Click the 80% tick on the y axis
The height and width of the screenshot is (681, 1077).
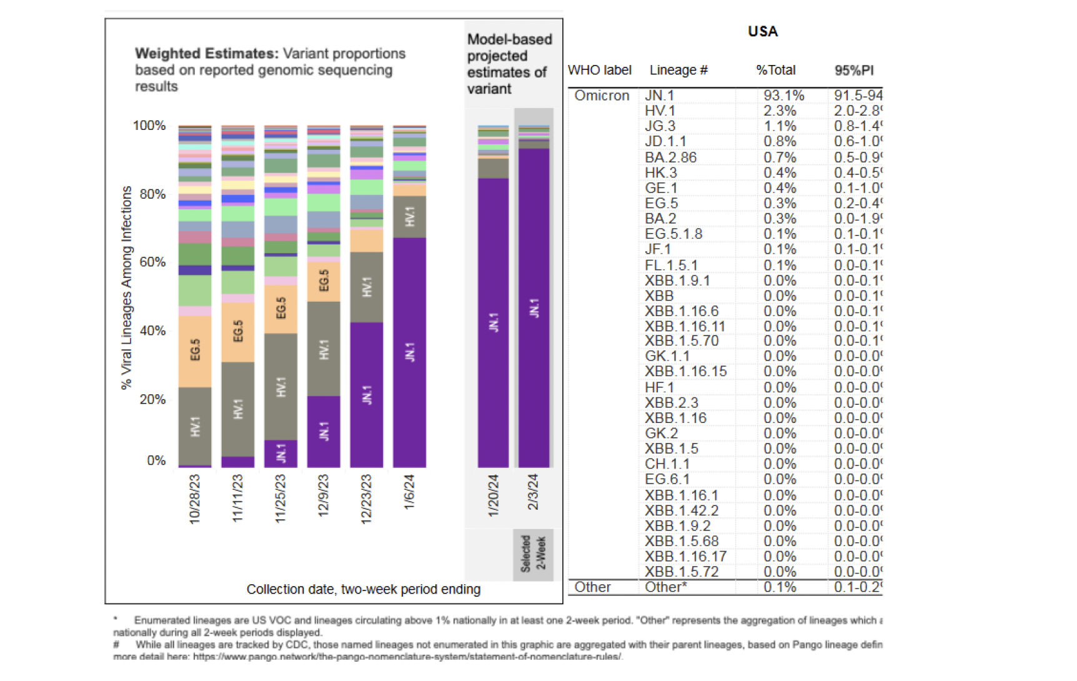coord(152,194)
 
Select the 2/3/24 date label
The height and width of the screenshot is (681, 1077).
coord(533,492)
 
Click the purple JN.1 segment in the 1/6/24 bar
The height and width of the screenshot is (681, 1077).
coord(409,352)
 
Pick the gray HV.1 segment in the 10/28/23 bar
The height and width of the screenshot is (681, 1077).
coord(195,426)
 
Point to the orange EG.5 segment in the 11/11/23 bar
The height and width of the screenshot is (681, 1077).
coord(238,332)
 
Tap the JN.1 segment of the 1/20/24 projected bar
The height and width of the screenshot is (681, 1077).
coord(494,322)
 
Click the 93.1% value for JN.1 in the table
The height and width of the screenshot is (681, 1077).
coord(783,96)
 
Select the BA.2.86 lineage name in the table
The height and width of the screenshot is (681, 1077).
coord(670,157)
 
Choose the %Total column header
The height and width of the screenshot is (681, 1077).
coord(775,70)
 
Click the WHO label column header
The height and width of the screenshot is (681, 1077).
coord(599,70)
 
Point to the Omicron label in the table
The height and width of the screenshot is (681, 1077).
coord(602,96)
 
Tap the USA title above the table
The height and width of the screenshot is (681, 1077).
coord(762,31)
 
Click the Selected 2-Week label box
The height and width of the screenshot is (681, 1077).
coord(533,554)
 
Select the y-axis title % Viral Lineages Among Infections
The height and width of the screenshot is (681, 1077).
coord(127,287)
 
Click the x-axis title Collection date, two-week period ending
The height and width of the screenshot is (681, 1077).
coord(363,589)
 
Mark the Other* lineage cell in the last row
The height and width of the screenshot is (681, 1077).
coord(665,587)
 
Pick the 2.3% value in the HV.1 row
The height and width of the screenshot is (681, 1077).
coord(780,111)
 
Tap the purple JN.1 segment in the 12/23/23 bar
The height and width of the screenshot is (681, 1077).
coord(367,394)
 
